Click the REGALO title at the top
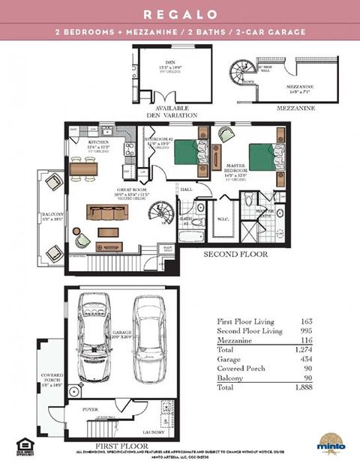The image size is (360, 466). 180,14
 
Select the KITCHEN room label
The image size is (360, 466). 100,142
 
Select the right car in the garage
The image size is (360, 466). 148,337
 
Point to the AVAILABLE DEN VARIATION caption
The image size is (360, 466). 172,112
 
